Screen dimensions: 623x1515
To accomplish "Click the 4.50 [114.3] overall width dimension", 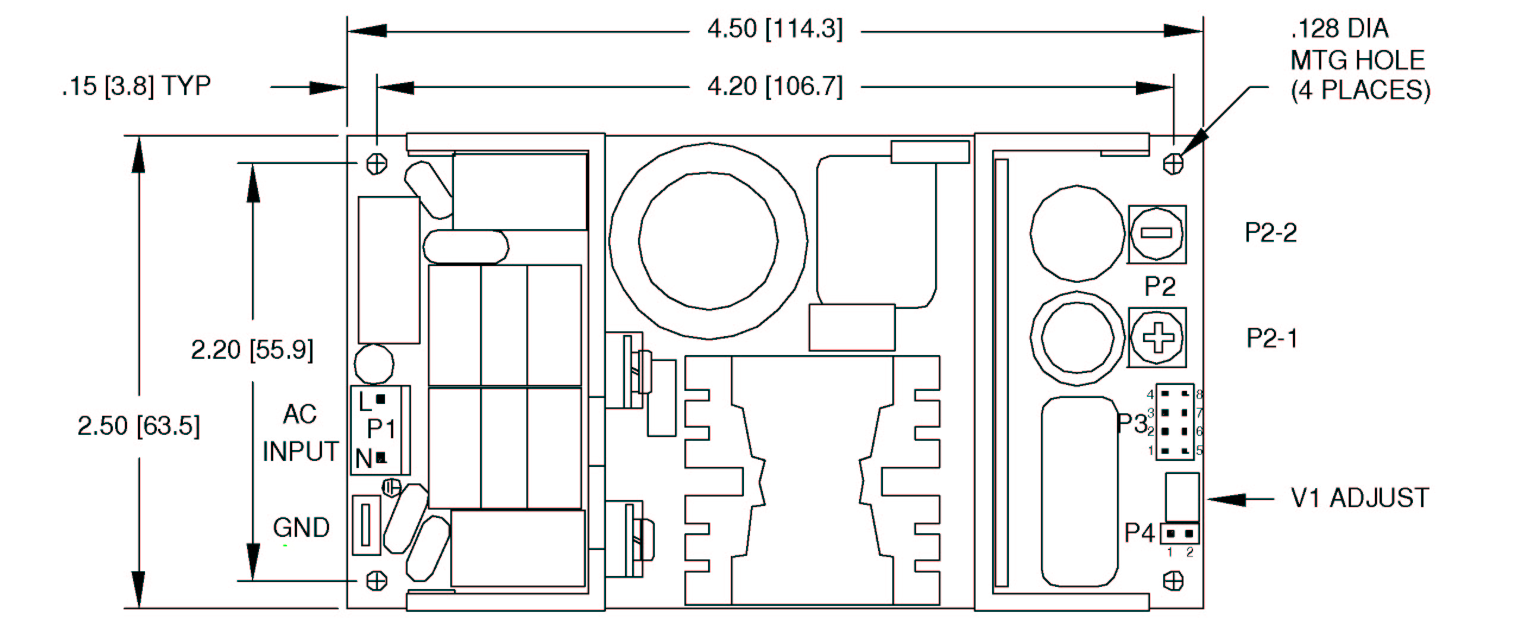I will [x=774, y=29].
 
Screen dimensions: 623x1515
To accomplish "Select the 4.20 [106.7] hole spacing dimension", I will [x=774, y=87].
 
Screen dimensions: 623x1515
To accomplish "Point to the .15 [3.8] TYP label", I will [x=136, y=86].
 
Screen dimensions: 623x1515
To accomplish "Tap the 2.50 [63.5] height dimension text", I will [x=138, y=426].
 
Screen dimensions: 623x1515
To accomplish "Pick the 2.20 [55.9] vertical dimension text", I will [x=252, y=349].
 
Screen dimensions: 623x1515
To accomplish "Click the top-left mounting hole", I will [x=377, y=163].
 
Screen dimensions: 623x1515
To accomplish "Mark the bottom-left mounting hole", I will [x=377, y=580].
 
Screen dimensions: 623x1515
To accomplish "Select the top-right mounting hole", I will [x=1173, y=163].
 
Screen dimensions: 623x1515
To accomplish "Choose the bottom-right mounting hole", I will [x=1173, y=580].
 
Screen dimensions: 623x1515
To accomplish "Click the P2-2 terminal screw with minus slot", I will [x=1157, y=234].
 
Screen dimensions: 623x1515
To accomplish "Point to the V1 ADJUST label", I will [x=1360, y=498].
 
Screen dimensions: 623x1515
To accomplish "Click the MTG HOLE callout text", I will [x=1358, y=60].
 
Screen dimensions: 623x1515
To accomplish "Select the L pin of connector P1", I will [x=381, y=399].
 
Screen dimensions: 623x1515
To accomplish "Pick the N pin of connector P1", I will [x=381, y=457].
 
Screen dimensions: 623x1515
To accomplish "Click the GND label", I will [x=301, y=527].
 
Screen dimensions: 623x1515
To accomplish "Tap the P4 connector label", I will [x=1139, y=533].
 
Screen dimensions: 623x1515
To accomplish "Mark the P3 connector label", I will [x=1131, y=423].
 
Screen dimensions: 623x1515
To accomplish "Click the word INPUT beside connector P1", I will [x=300, y=451].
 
